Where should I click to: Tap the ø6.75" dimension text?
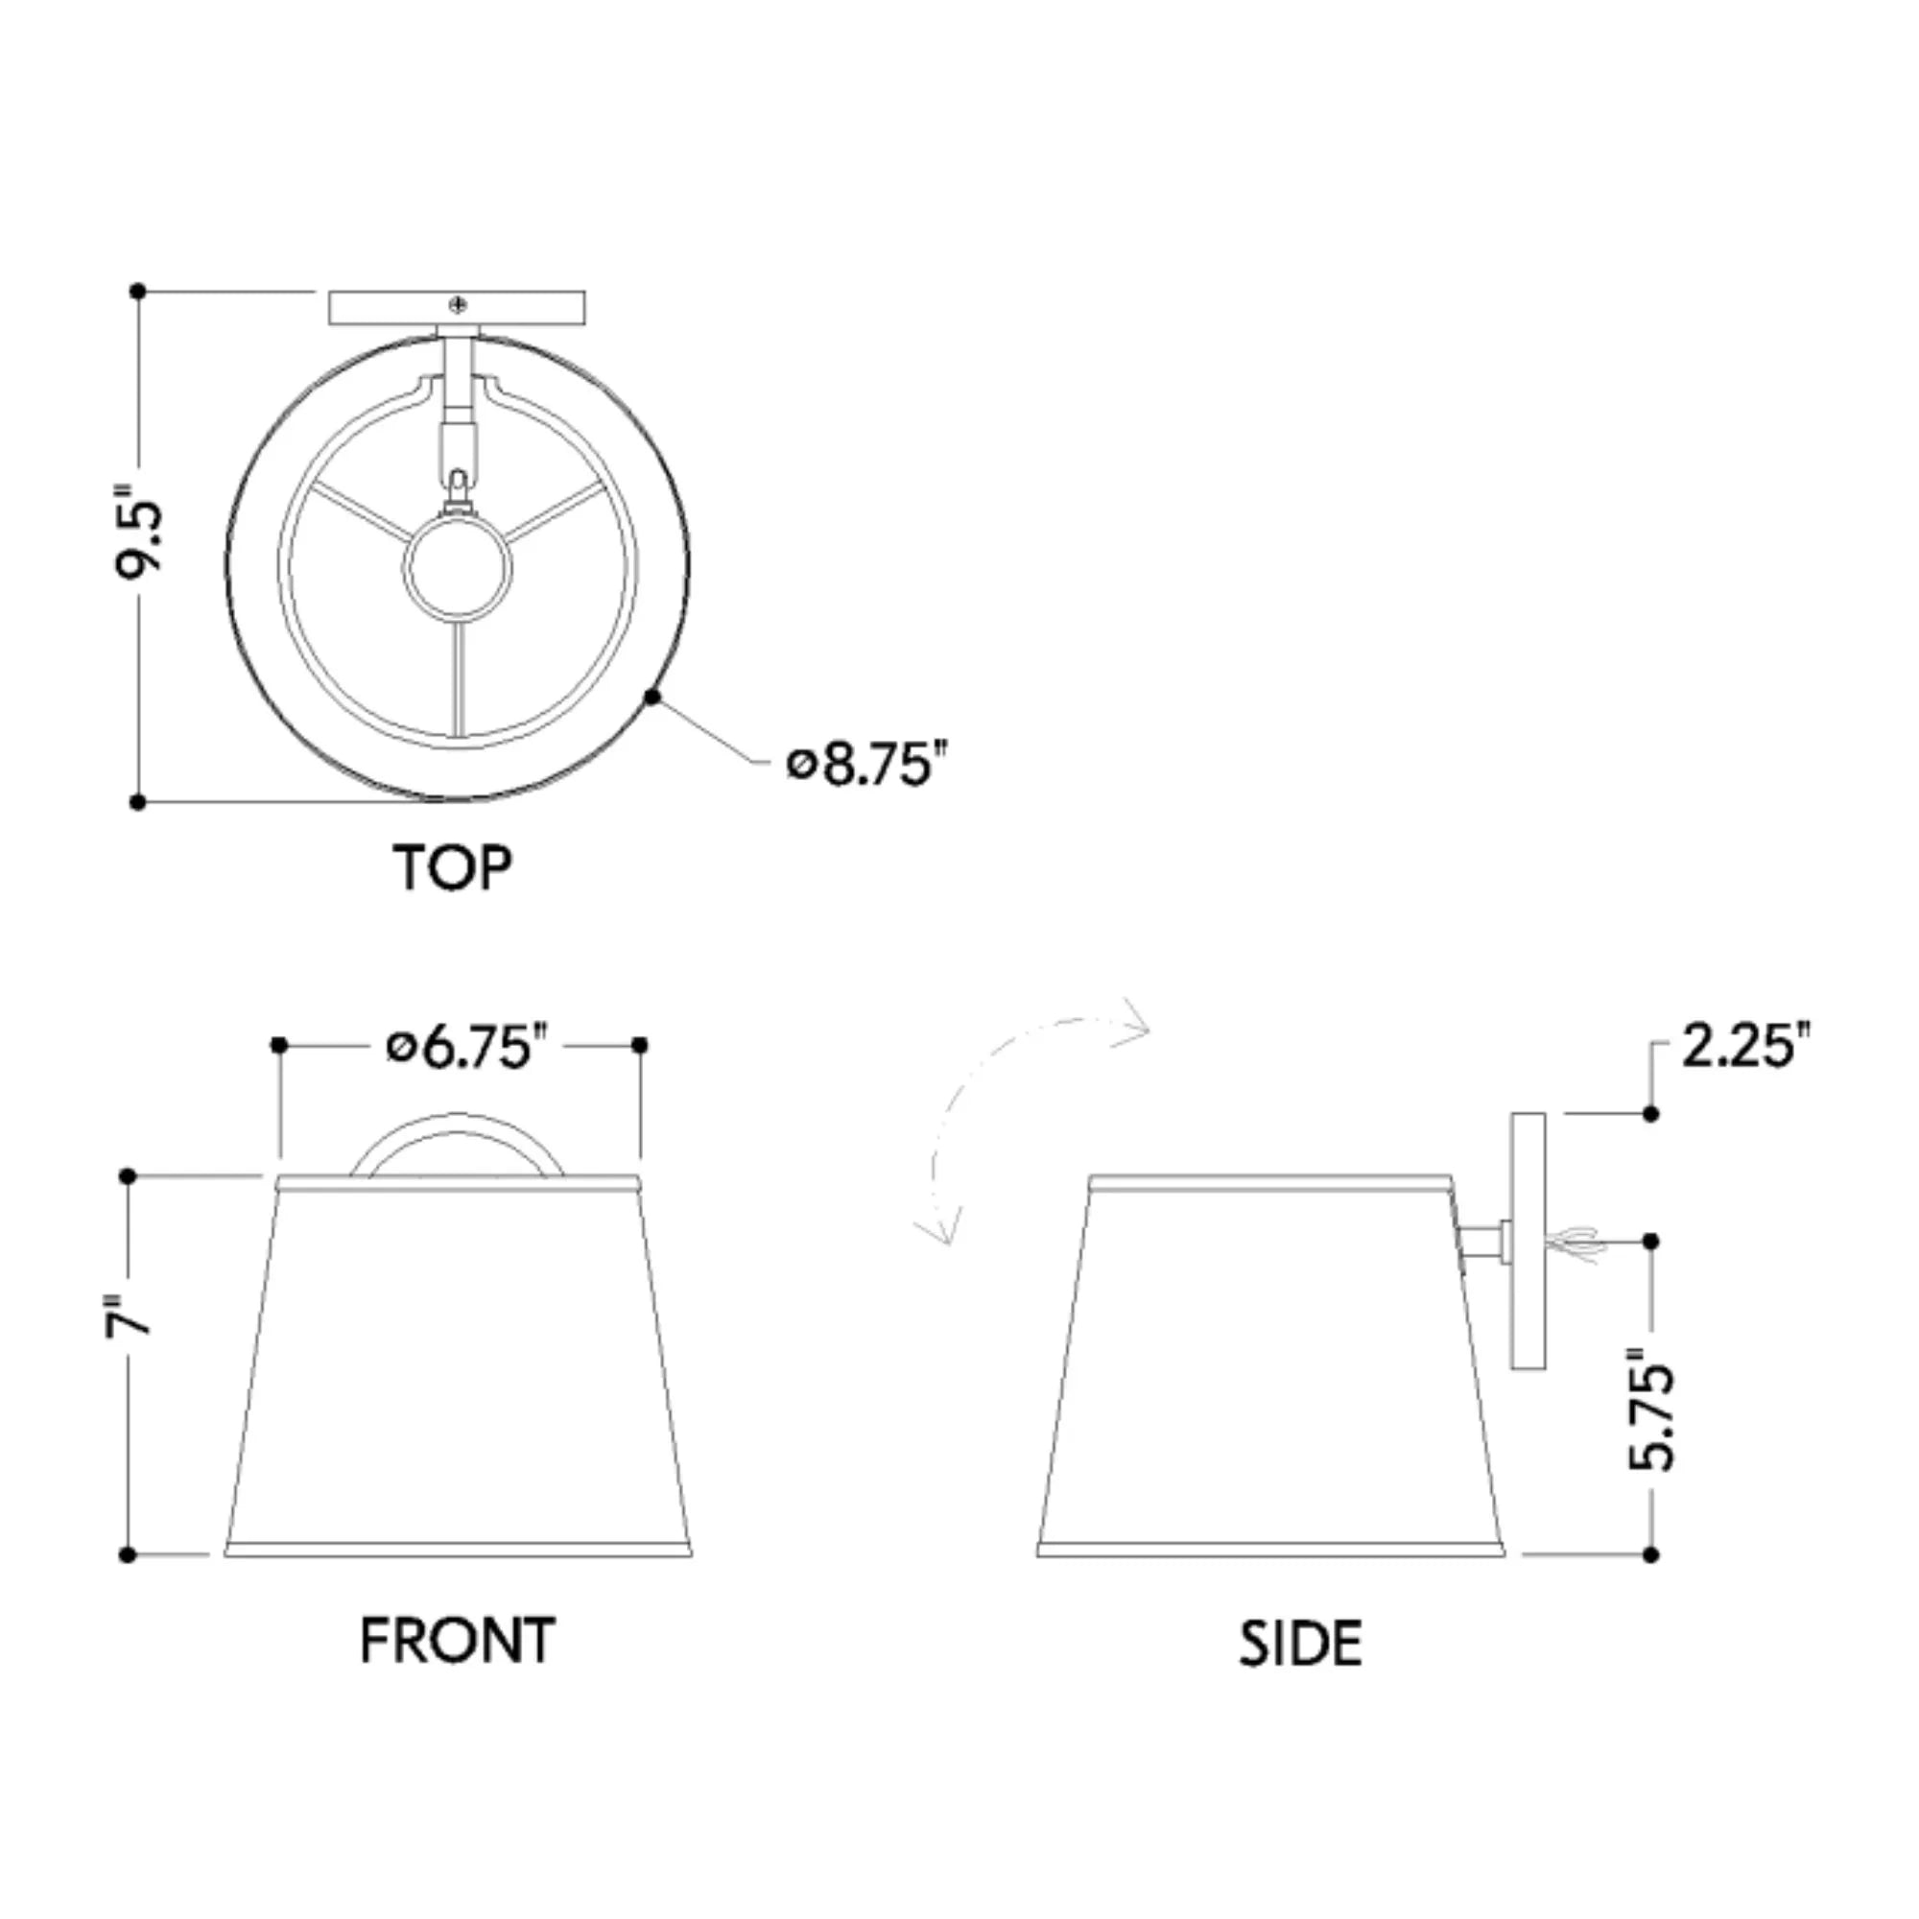466,1048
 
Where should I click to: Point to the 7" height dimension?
130,1315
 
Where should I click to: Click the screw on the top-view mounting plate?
458,304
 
